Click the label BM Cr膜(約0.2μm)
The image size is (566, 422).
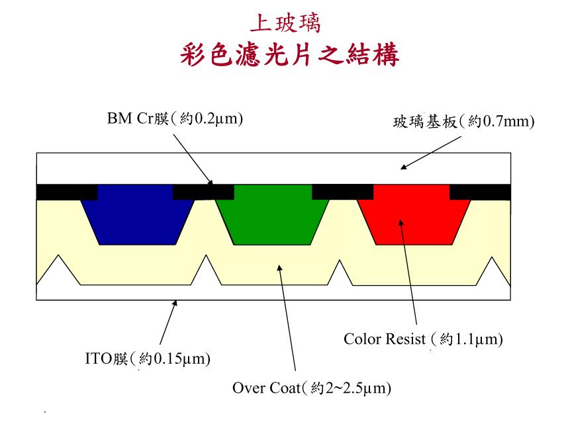pos(175,120)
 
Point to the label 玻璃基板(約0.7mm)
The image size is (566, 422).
pos(463,122)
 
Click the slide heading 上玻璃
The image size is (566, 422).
pos(285,24)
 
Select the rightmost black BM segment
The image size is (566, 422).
pos(480,191)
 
